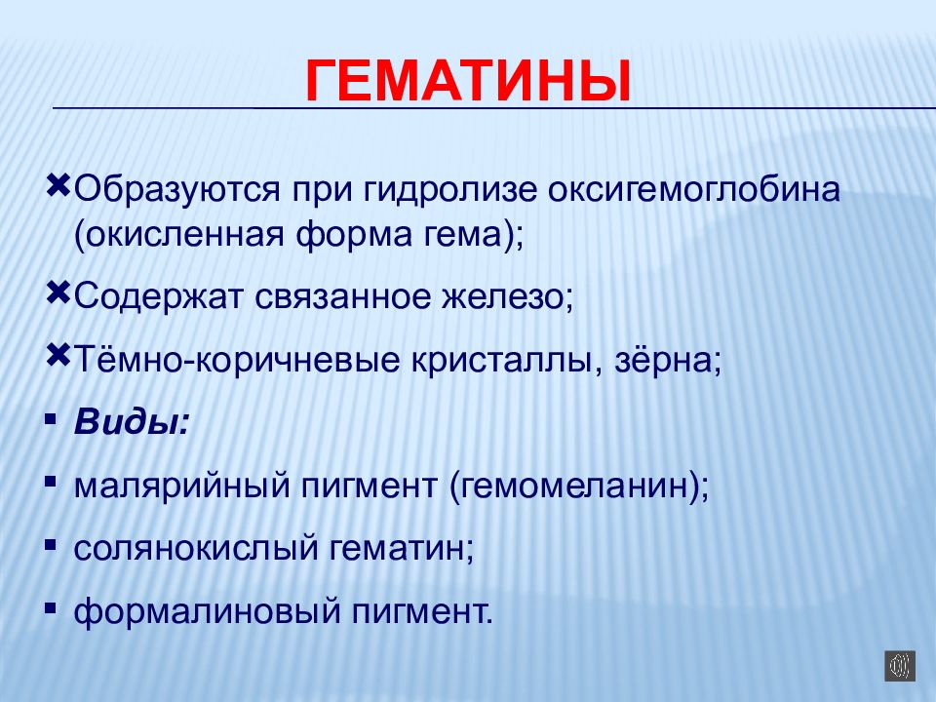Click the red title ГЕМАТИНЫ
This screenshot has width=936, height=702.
[x=467, y=82]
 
